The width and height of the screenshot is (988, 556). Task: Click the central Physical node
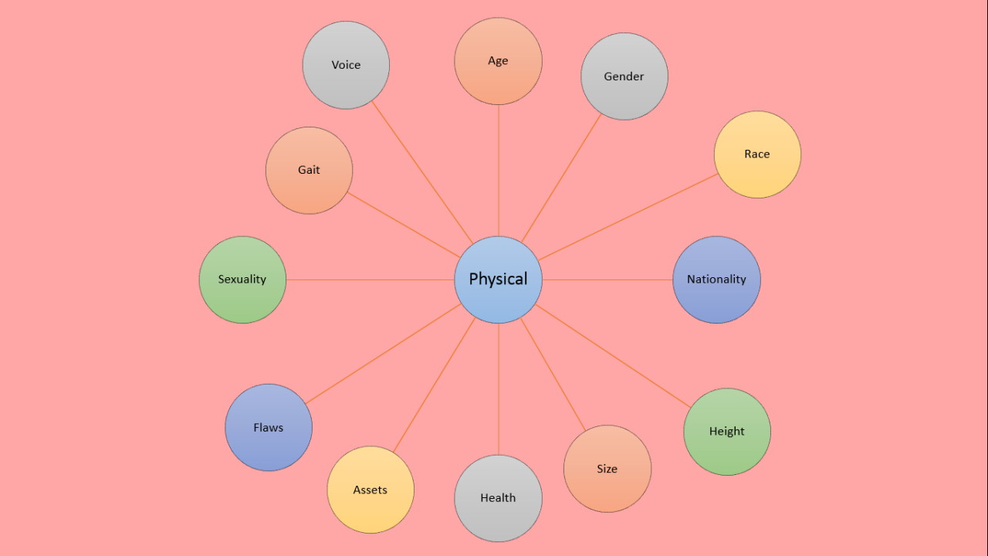(498, 280)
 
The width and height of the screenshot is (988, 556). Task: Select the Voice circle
(346, 66)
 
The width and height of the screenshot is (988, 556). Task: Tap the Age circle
(498, 61)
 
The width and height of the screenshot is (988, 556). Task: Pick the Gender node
(624, 76)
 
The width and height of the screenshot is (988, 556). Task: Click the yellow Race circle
(757, 154)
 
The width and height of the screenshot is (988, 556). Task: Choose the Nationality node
(716, 280)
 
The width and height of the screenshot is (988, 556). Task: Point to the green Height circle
(726, 432)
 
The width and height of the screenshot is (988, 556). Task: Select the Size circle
(607, 469)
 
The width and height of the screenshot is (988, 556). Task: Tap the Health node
(498, 498)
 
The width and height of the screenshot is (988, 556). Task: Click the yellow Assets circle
(370, 490)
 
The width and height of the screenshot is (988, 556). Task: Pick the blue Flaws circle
(269, 428)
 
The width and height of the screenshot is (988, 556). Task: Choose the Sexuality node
(242, 280)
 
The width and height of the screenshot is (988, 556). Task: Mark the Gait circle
(309, 171)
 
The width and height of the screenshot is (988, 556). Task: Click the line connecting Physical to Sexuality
(370, 280)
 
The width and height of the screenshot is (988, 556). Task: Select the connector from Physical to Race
(629, 216)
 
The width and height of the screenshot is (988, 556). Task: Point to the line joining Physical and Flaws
(384, 354)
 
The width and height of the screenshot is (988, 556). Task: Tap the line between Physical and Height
(614, 356)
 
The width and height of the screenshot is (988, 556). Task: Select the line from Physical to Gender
(561, 178)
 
